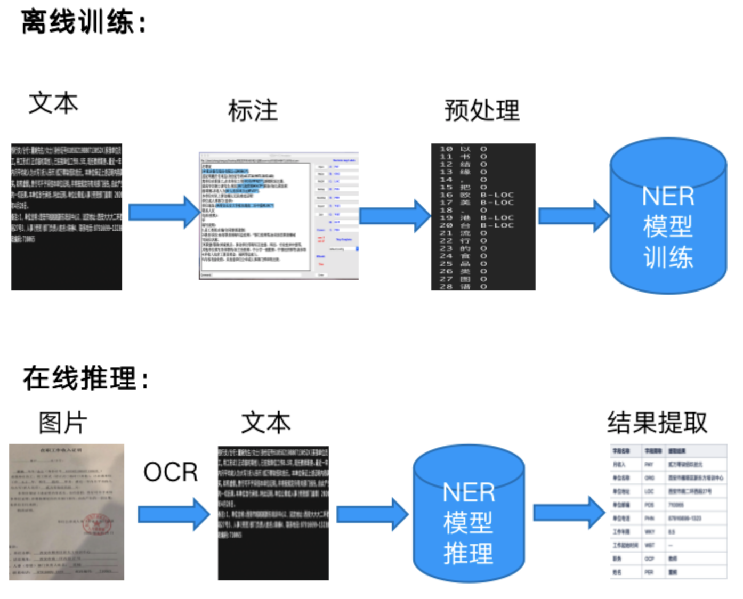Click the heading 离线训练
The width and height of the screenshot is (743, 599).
click(x=83, y=22)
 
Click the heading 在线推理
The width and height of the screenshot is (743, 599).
click(x=85, y=378)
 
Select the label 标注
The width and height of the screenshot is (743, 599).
click(x=253, y=111)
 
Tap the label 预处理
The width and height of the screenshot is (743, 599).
click(x=482, y=110)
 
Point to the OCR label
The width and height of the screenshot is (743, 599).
click(x=171, y=472)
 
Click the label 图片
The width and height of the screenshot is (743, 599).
click(x=63, y=423)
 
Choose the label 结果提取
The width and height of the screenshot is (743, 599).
click(x=657, y=423)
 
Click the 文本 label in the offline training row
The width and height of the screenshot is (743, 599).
click(x=53, y=103)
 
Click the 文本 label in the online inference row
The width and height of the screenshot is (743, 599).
click(x=266, y=423)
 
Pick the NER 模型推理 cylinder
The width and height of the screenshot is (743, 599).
click(x=469, y=514)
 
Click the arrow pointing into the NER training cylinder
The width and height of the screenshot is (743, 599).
click(x=574, y=216)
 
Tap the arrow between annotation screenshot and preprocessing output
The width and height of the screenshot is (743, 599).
click(x=394, y=216)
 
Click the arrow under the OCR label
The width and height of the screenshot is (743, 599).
click(x=174, y=514)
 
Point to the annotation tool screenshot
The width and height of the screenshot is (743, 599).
click(x=278, y=215)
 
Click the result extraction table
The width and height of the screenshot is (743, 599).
click(x=668, y=511)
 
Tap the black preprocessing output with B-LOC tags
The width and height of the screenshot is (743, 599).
click(x=483, y=216)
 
